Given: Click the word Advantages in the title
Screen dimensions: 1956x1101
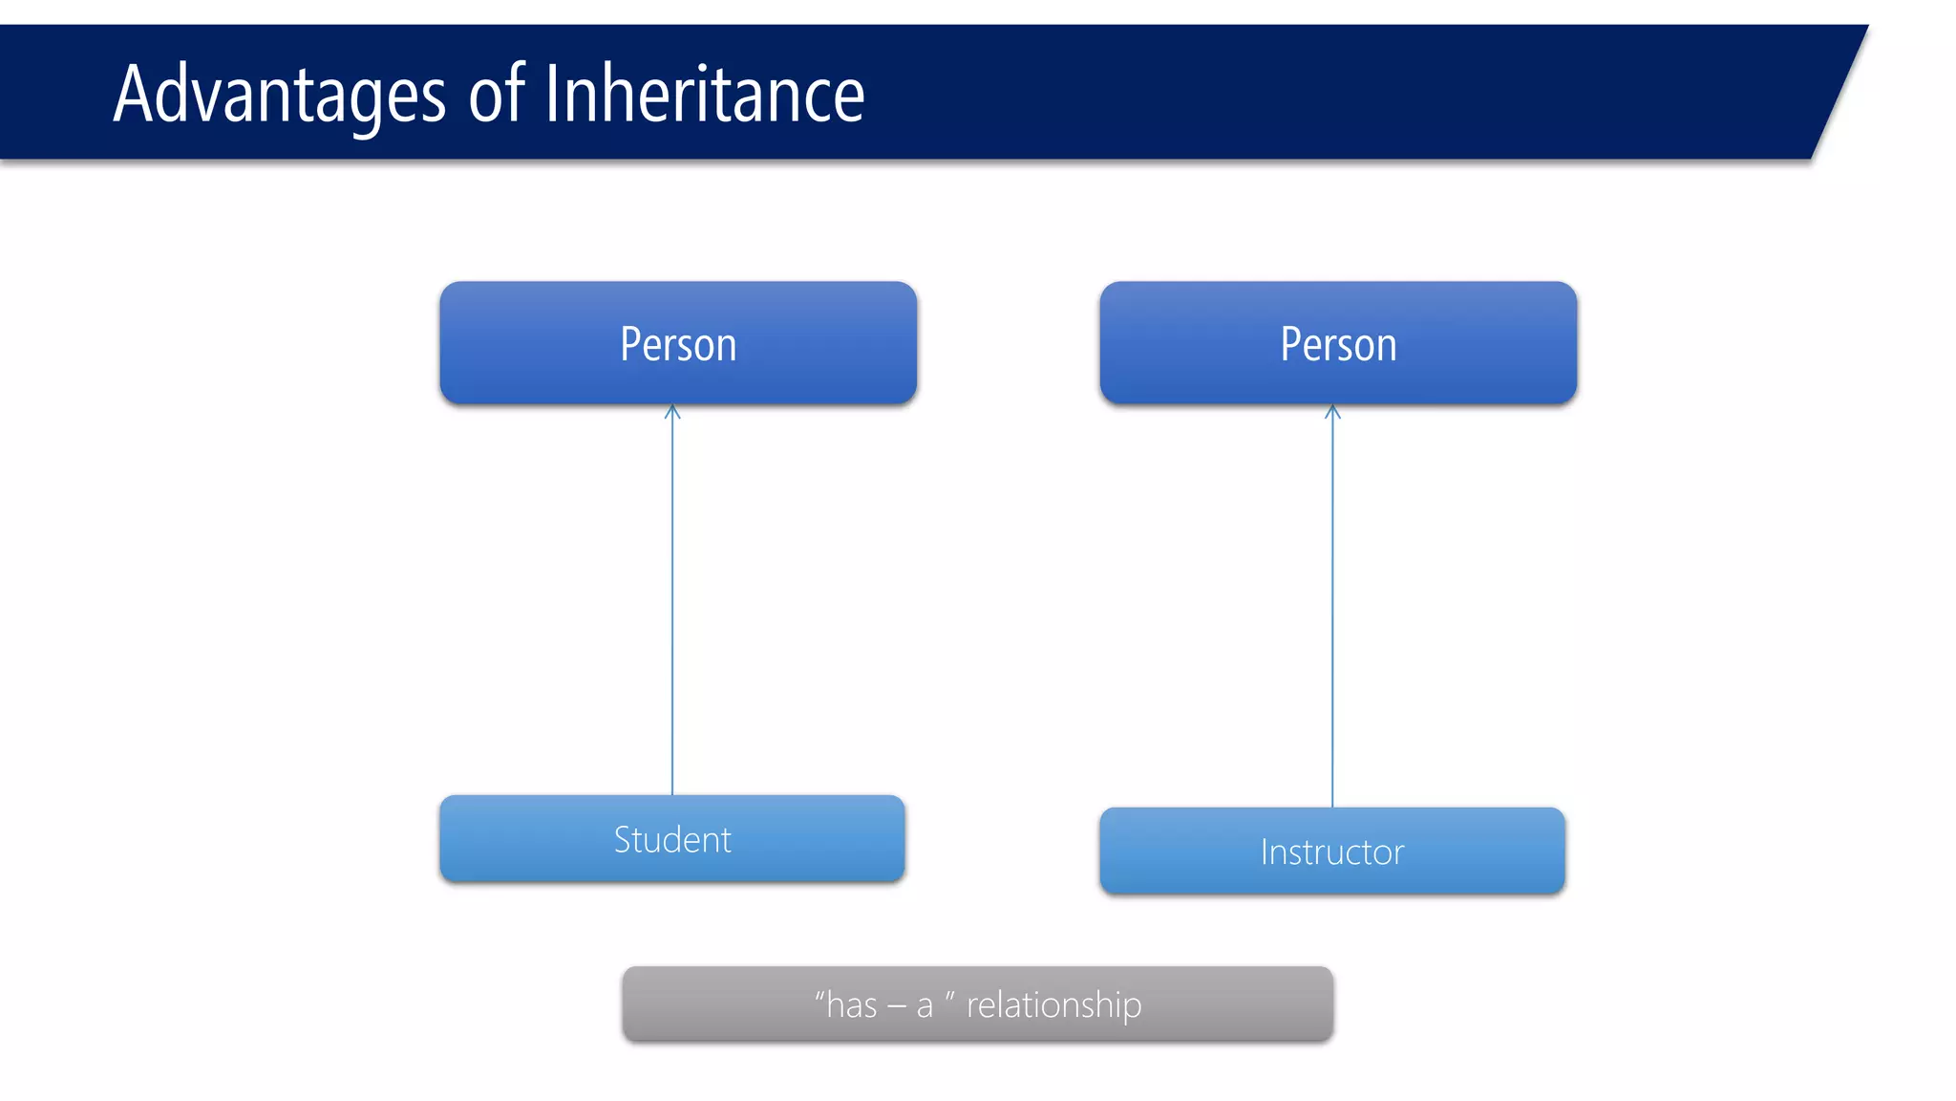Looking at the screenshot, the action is (279, 95).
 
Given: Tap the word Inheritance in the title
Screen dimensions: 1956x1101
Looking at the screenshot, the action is (705, 95).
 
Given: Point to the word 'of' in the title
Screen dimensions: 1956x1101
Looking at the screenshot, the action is (496, 95).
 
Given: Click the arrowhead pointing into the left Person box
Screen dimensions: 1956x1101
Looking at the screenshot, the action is (672, 412).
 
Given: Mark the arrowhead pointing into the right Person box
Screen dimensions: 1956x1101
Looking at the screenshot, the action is (1332, 412).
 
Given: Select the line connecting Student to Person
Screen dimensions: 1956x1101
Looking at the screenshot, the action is (672, 602).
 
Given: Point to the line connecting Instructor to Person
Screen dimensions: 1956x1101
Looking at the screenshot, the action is (1332, 612).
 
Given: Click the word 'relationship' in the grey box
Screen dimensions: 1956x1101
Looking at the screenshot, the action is (1053, 1005).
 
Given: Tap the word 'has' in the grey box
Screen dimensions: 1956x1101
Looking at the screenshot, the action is (851, 1005).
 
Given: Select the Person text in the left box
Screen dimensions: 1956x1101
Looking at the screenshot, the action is (678, 345).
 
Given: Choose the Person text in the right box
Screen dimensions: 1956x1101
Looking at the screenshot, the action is (1338, 345).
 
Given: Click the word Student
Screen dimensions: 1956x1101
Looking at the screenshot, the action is (672, 840).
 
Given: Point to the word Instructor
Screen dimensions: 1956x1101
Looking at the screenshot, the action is (1332, 853).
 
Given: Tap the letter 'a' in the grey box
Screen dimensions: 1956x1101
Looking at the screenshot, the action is (925, 1007).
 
